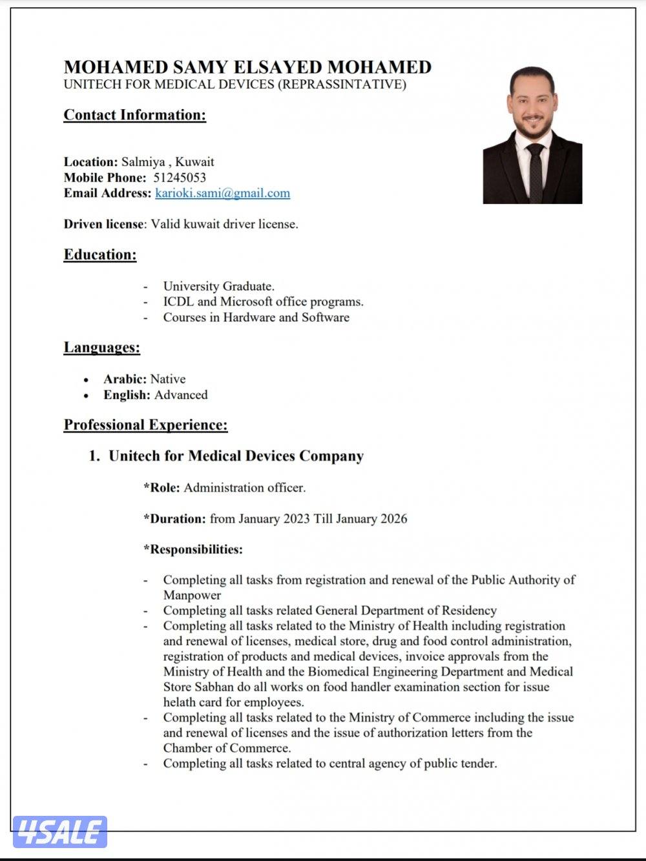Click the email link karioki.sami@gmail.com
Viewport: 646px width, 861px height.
tap(222, 193)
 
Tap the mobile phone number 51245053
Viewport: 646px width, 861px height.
tap(180, 177)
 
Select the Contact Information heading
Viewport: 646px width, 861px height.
tap(134, 115)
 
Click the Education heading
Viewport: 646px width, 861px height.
tap(100, 254)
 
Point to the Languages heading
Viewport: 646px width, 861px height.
tap(101, 347)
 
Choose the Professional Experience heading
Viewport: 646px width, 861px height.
tap(145, 425)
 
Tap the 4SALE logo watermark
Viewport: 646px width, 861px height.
tap(59, 832)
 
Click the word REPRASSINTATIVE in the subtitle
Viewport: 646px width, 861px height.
tap(342, 85)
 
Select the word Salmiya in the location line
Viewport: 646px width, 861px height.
tap(143, 162)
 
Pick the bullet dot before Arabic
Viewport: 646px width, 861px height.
tap(86, 380)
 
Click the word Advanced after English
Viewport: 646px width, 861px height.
tap(181, 395)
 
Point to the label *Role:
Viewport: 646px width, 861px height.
tap(161, 488)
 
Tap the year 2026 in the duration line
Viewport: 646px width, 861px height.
tap(392, 519)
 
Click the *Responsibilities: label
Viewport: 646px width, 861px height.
tap(193, 550)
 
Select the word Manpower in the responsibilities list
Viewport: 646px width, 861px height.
tap(192, 595)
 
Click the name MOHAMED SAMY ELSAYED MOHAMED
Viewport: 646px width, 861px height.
tap(247, 67)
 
